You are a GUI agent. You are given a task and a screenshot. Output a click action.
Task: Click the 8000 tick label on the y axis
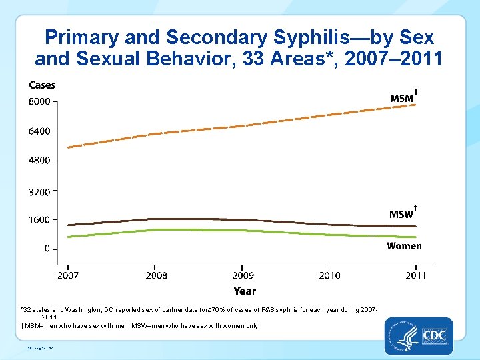click(x=39, y=101)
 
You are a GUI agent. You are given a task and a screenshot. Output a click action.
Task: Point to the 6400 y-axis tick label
click(x=39, y=131)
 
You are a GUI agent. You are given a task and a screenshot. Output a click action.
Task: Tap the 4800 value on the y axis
click(x=39, y=161)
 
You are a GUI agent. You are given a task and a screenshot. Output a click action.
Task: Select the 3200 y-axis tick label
click(x=39, y=192)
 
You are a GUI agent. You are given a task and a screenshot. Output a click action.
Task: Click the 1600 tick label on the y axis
click(x=39, y=220)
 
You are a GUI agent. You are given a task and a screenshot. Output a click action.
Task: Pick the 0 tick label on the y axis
click(x=47, y=249)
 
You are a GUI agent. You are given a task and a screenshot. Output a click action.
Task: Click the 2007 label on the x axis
click(x=68, y=275)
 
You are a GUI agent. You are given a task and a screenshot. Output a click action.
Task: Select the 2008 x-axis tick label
click(x=156, y=275)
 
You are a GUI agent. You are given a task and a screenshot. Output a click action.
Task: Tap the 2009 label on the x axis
click(x=243, y=275)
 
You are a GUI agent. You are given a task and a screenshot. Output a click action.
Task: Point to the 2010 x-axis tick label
click(x=329, y=275)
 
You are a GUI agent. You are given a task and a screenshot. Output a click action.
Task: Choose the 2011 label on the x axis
click(x=416, y=275)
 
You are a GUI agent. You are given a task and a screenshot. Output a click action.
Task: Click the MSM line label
click(x=402, y=99)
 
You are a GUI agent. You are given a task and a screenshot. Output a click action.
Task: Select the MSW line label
click(x=402, y=214)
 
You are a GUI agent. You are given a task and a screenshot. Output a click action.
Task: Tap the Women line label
click(x=404, y=246)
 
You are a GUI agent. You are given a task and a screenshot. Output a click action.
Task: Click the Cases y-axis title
click(x=42, y=85)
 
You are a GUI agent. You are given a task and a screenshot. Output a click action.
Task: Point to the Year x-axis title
click(x=245, y=291)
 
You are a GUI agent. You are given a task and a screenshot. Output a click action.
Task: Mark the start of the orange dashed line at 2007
click(x=69, y=147)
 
